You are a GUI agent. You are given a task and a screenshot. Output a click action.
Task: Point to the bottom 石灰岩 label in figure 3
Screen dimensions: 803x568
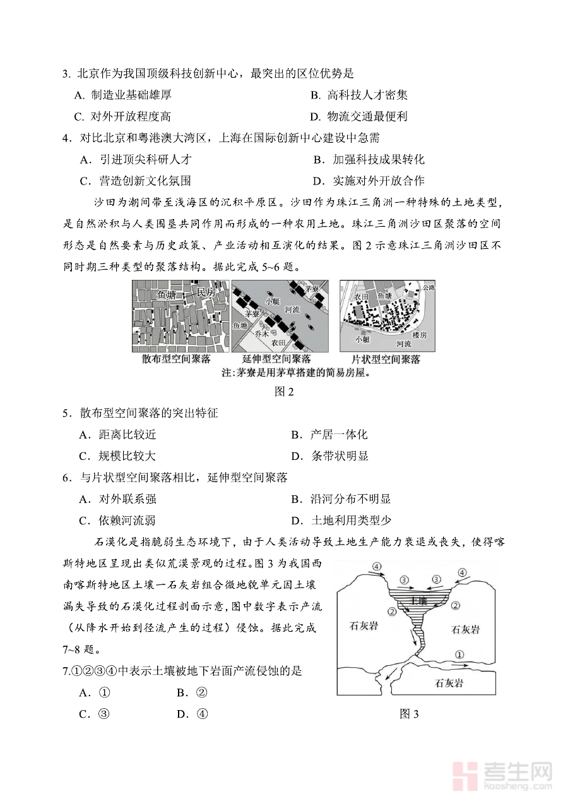[449, 684]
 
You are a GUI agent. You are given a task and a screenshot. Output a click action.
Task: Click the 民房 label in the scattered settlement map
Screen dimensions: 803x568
[206, 292]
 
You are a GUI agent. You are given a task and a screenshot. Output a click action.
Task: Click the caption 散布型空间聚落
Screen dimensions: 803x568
[176, 359]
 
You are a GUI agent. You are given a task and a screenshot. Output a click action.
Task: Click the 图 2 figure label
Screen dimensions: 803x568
[285, 391]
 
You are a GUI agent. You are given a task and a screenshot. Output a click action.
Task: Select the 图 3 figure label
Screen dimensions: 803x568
[410, 714]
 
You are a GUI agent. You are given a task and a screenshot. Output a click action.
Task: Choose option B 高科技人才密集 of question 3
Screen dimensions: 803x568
[359, 95]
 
